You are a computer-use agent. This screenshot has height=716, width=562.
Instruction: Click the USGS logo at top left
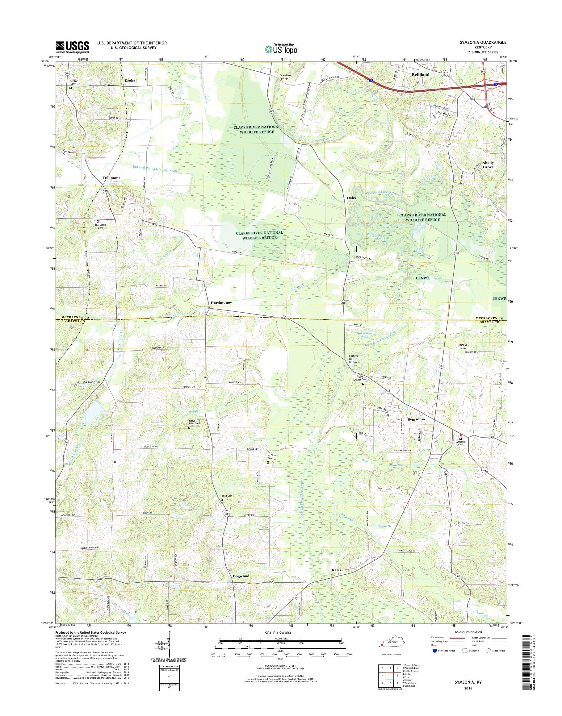click(72, 47)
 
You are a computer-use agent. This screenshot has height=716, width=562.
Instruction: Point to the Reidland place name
click(421, 75)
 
